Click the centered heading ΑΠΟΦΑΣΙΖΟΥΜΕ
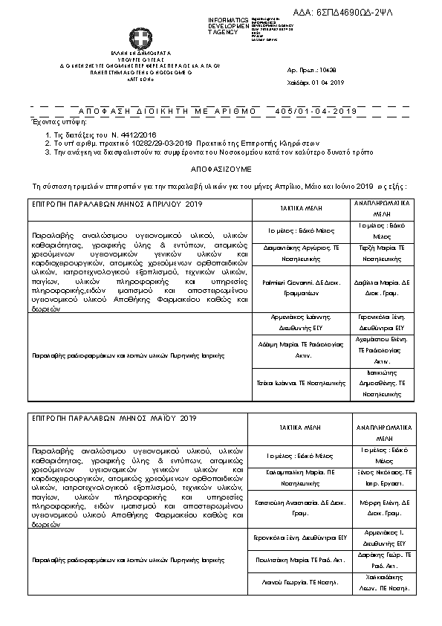221,169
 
